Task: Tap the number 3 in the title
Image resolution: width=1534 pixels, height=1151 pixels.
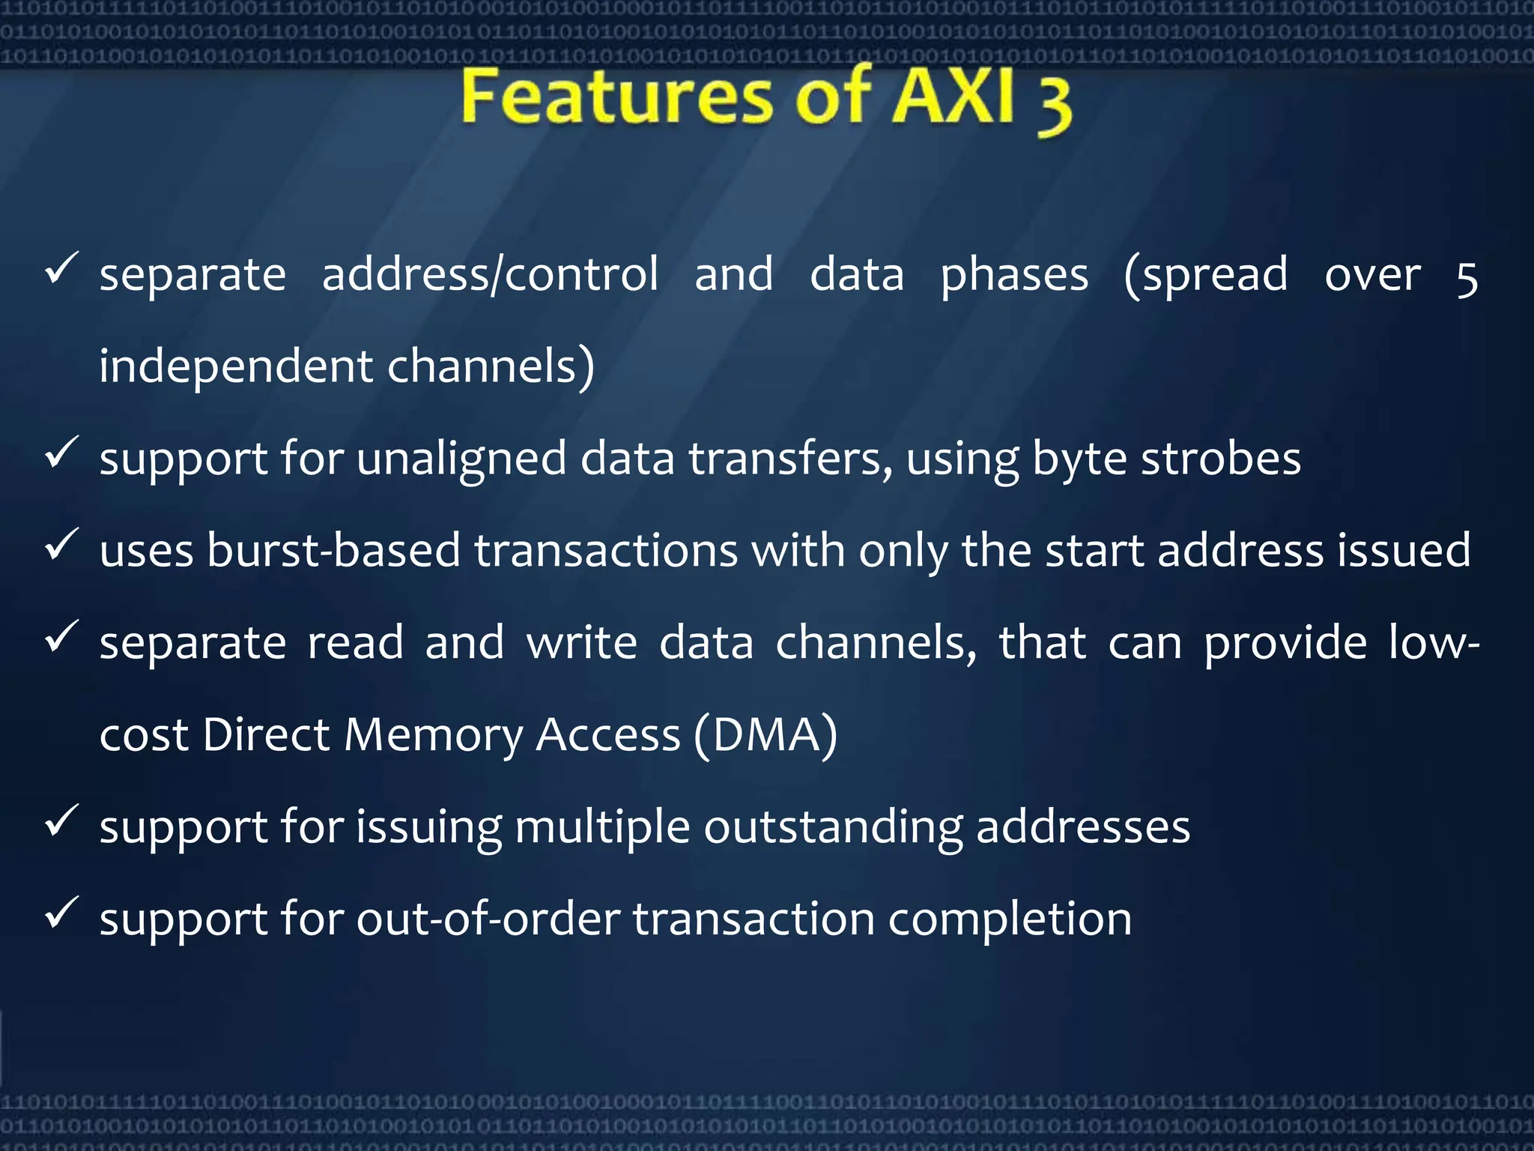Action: point(1054,105)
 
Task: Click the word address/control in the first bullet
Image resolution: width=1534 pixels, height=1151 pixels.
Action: point(490,274)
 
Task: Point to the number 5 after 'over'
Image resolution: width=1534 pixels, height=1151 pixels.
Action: point(1466,277)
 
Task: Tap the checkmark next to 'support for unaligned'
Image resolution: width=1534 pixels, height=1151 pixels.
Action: point(62,453)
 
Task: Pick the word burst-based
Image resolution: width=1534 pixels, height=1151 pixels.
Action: point(333,551)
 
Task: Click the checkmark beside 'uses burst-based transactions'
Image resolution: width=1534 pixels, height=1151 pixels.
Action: point(62,545)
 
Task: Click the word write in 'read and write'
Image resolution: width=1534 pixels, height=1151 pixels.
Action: point(581,643)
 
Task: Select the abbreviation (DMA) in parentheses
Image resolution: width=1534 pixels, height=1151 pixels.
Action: point(765,735)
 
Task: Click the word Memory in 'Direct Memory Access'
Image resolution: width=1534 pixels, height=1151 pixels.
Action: point(433,735)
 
